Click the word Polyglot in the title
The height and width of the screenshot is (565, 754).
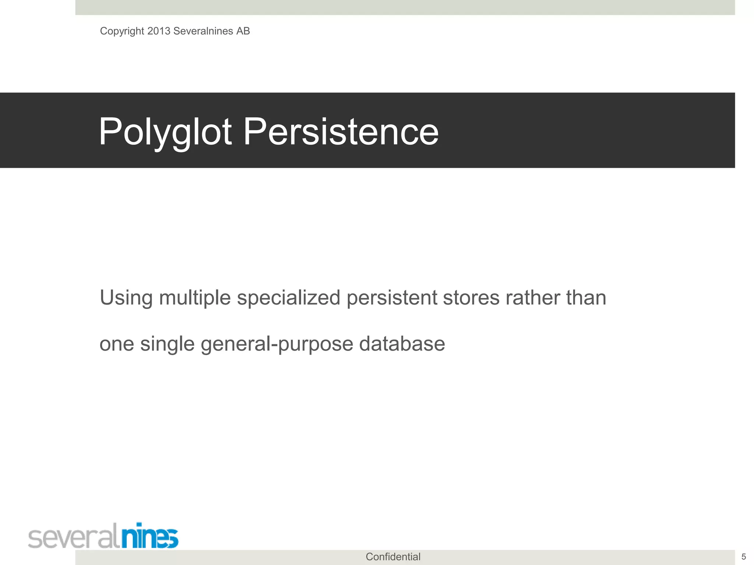tap(165, 132)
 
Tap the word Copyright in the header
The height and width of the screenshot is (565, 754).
tap(122, 31)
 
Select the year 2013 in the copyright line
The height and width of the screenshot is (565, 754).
tap(159, 31)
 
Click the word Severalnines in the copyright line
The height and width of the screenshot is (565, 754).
tap(203, 31)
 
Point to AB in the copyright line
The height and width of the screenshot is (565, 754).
tap(243, 31)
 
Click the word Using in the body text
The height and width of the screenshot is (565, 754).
tap(126, 298)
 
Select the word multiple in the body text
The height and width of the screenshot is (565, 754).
tap(195, 298)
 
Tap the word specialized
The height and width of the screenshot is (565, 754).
tap(288, 298)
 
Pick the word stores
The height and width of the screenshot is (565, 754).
tap(471, 298)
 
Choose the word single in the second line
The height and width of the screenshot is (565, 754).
tap(167, 344)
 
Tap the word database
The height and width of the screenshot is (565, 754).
tap(402, 344)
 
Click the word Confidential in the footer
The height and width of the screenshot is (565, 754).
tap(393, 557)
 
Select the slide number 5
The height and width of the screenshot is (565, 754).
tap(743, 557)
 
